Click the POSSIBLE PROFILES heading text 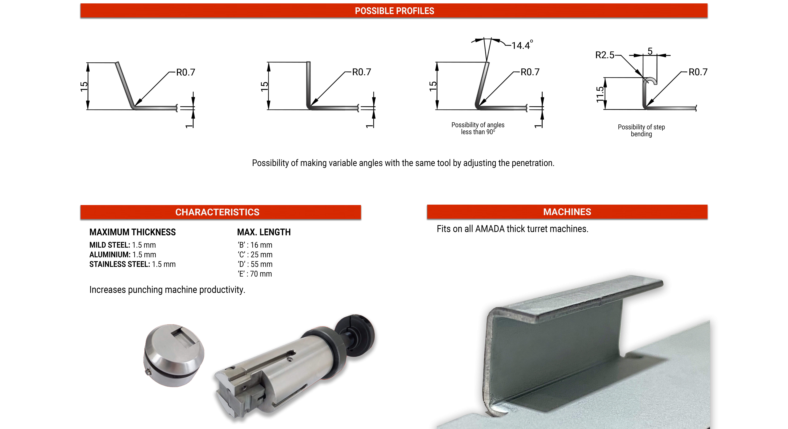tap(394, 11)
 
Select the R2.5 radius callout tap(604, 55)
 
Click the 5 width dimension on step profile tap(650, 51)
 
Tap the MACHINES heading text tap(567, 212)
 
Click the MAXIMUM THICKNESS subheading tap(132, 232)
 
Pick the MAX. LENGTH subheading tap(264, 232)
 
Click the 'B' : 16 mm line tap(255, 245)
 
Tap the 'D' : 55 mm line tap(255, 264)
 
